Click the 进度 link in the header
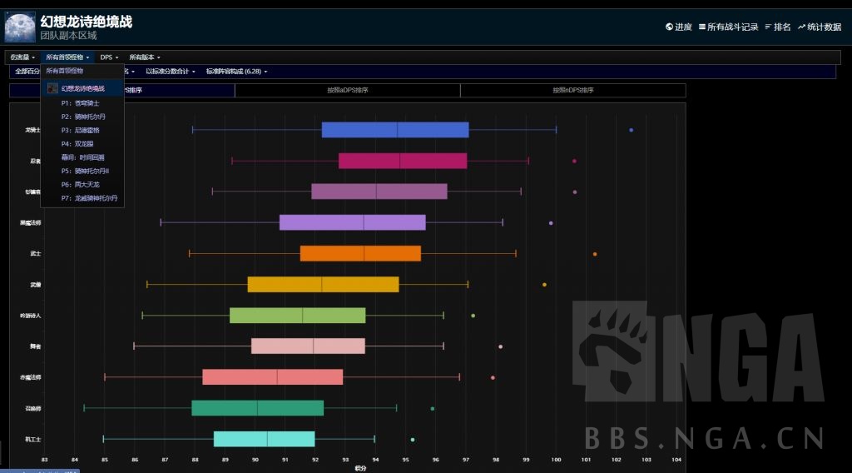[x=679, y=27]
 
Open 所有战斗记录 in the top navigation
[x=729, y=27]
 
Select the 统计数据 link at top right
[x=820, y=27]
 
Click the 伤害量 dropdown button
[x=22, y=57]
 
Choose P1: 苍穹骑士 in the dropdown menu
[x=80, y=102]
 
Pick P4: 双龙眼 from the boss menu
[x=77, y=143]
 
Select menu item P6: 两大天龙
[x=80, y=184]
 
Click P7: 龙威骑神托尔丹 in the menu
[x=89, y=198]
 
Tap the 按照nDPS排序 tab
[x=572, y=90]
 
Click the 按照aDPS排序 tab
[x=347, y=90]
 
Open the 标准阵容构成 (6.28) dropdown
[x=236, y=72]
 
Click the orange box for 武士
[x=360, y=253]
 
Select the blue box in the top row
[x=395, y=130]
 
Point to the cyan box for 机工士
[x=265, y=439]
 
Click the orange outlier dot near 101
[x=595, y=254]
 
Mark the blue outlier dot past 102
[x=632, y=130]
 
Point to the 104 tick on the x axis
[x=676, y=459]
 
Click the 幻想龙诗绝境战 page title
[x=86, y=22]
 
